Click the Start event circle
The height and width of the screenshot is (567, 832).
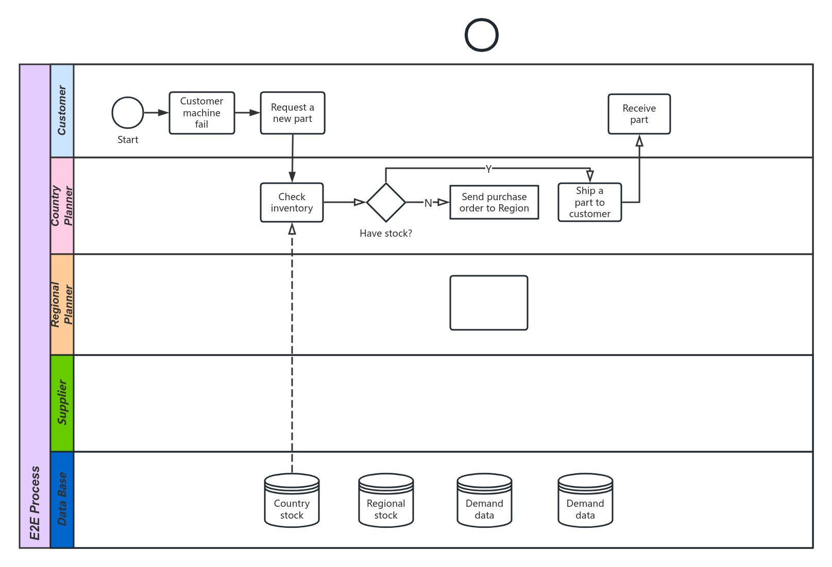tap(128, 113)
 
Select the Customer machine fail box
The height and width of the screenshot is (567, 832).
tap(202, 113)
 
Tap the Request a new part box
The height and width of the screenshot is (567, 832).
tap(293, 113)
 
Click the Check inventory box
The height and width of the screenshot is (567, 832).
tap(292, 203)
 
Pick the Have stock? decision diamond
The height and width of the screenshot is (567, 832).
tap(386, 203)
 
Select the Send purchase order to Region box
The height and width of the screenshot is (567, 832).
tap(494, 203)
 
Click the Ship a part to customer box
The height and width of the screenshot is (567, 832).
tap(590, 203)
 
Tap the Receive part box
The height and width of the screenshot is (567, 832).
tap(639, 114)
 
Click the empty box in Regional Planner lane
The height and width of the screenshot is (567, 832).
tap(489, 303)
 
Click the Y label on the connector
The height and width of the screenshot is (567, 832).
tap(488, 169)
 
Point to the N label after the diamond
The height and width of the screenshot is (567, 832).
tap(428, 203)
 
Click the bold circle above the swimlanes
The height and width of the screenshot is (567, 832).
tap(482, 35)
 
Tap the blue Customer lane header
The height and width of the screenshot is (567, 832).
tap(62, 111)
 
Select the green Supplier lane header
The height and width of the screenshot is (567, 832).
tap(62, 403)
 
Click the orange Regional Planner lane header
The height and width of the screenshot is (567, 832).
tap(62, 304)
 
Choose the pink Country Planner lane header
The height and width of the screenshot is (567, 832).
tap(62, 206)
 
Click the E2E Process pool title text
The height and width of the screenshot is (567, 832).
tap(35, 503)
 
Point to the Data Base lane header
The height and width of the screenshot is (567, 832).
tap(62, 499)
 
